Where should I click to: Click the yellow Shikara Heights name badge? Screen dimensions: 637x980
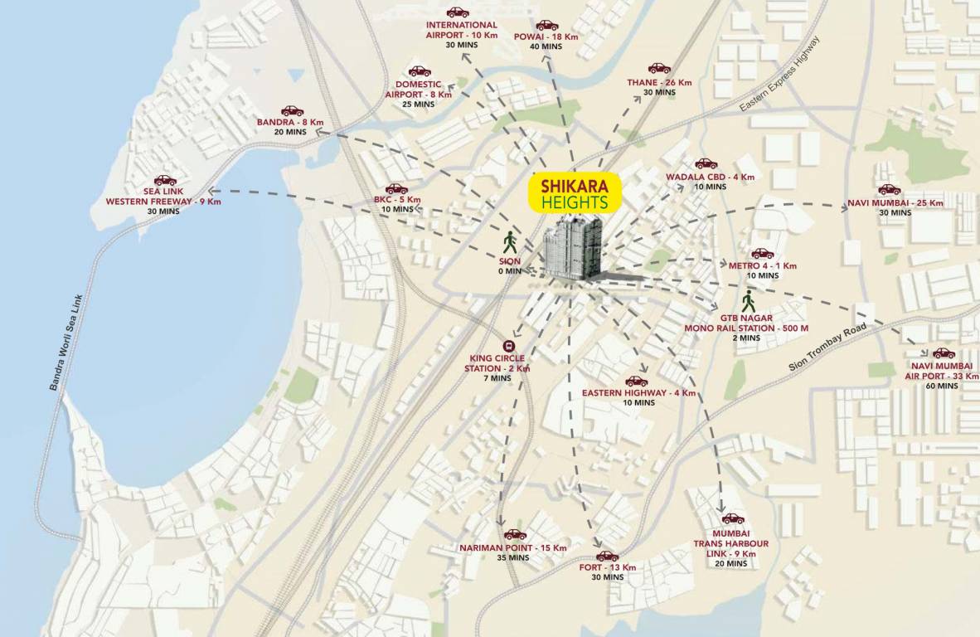[573, 193]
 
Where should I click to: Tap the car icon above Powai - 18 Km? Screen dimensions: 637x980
[547, 25]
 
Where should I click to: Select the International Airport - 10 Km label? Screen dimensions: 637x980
[462, 30]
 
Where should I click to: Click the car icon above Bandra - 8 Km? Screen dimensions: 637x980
[292, 110]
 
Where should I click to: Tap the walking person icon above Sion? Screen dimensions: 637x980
[510, 243]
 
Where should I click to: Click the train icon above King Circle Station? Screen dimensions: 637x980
[507, 347]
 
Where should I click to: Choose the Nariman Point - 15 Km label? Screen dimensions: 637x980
[513, 548]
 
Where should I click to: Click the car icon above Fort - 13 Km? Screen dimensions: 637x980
[607, 556]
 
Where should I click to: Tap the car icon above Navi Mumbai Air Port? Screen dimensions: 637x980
[944, 353]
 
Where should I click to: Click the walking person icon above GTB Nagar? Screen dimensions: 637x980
[749, 301]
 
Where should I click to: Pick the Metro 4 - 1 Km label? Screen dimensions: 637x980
[763, 265]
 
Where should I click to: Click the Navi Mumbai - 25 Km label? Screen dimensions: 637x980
[895, 203]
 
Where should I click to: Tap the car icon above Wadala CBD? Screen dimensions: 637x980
[706, 163]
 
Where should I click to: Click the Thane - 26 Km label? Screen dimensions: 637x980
[659, 83]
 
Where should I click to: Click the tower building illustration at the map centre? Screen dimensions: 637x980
[572, 249]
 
